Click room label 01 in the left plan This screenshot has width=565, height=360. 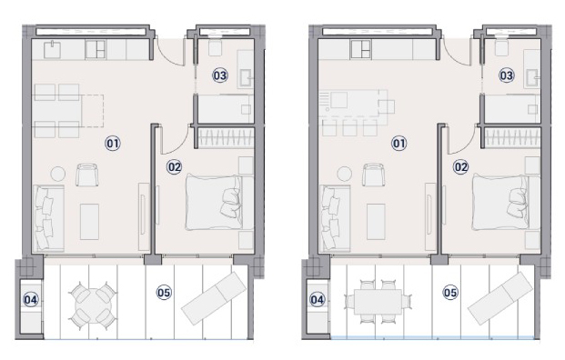pos(113,144)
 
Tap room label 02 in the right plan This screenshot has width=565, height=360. pos(460,167)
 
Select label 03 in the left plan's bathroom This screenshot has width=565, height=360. pos(220,75)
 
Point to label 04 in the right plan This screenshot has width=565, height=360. pos(318,299)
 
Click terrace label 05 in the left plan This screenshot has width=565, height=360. pos(164,293)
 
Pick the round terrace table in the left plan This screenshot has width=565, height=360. pos(94,305)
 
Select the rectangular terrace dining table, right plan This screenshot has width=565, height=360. pos(378,302)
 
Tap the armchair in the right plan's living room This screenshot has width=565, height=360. pos(373,175)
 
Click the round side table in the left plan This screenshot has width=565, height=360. pos(57,174)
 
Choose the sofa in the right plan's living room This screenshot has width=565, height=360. pos(335,218)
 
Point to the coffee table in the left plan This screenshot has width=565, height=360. pos(89,222)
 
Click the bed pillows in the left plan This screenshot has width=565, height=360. pos(230,203)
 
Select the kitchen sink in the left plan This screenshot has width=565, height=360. pos(52,50)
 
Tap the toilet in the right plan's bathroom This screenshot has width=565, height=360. pos(501,45)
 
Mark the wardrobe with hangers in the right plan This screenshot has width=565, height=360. pos(512,138)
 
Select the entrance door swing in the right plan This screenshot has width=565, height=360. pos(457,51)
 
